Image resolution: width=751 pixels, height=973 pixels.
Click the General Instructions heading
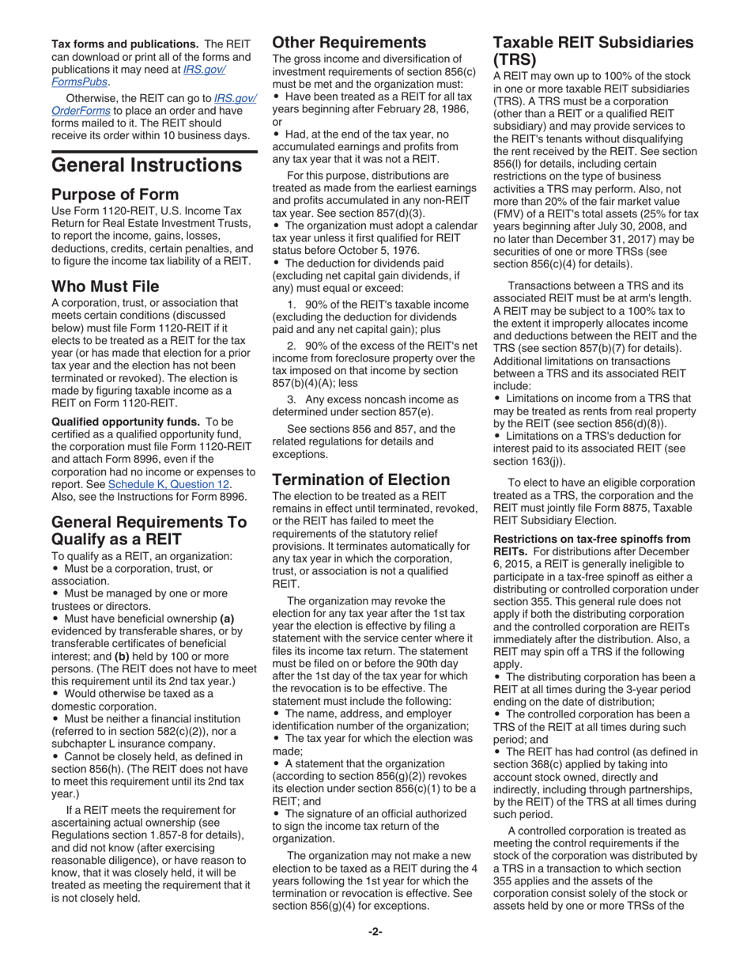point(146,165)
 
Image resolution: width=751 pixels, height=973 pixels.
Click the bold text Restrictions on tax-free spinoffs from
point(593,539)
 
